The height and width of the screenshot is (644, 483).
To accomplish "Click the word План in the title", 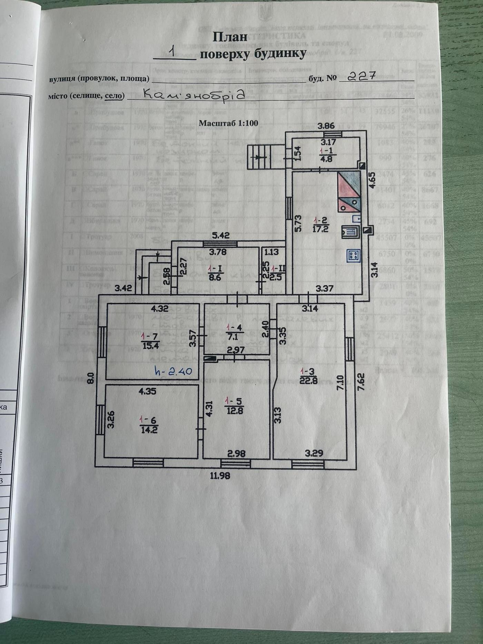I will [x=230, y=37].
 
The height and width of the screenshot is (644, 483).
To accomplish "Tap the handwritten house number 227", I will [x=361, y=76].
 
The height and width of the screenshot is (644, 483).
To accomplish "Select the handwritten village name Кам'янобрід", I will [x=194, y=94].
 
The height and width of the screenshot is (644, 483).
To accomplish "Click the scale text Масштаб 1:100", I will [x=228, y=123].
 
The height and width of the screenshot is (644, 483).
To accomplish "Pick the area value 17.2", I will [x=320, y=229].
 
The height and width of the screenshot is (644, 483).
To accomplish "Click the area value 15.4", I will [x=150, y=345].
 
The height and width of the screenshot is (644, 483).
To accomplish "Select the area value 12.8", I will [x=234, y=410].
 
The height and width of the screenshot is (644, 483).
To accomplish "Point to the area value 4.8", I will [x=326, y=159].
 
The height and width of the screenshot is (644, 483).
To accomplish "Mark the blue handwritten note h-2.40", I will [x=173, y=371].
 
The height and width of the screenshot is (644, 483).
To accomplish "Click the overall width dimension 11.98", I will [x=220, y=476].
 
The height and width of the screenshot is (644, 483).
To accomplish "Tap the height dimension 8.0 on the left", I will [x=91, y=378].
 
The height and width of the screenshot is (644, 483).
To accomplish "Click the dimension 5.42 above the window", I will [x=220, y=236].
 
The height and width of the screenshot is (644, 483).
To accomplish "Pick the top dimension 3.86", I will [x=326, y=126].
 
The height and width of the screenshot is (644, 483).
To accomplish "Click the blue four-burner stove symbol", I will [x=354, y=256].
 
